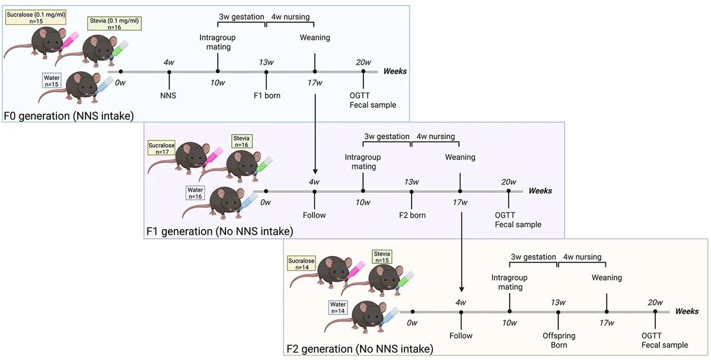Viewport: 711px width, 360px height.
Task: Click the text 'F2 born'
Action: coord(412,215)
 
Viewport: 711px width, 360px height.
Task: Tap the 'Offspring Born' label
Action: coord(557,340)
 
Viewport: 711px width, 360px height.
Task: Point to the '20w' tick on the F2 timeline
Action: coord(655,302)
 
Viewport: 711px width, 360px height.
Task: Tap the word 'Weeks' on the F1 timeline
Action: coord(540,191)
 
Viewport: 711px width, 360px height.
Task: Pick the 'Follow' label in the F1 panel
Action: coord(314,215)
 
